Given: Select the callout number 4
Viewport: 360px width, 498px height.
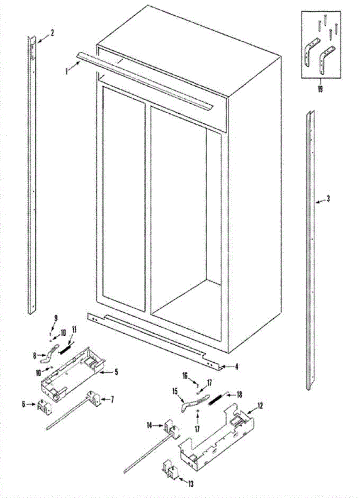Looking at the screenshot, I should click(x=236, y=366).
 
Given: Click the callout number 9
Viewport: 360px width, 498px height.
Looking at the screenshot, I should click(x=56, y=318).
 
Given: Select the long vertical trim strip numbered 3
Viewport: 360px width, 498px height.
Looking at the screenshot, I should click(x=310, y=249).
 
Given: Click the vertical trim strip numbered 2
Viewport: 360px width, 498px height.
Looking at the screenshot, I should click(x=32, y=174).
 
